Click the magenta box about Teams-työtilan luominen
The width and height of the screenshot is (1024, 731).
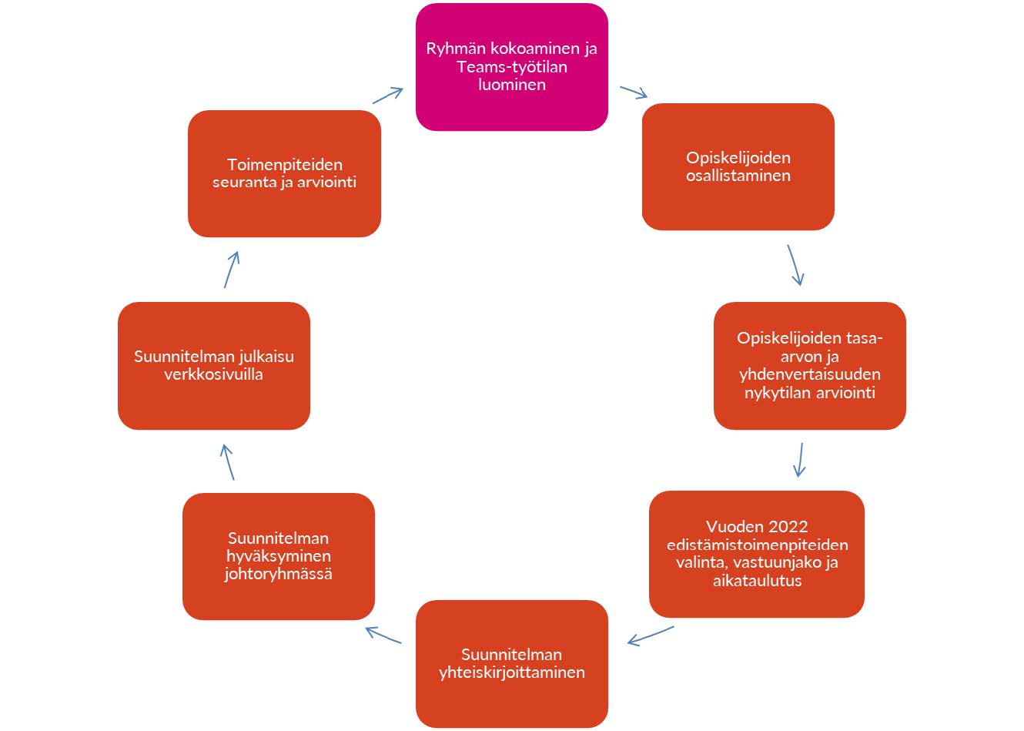pos(511,67)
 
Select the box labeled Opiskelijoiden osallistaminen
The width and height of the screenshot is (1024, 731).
pos(738,166)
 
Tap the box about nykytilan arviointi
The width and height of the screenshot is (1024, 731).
pos(809,365)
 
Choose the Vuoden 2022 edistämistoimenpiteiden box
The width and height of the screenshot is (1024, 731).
pos(756,554)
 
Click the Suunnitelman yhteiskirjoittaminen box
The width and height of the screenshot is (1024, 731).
pos(511,663)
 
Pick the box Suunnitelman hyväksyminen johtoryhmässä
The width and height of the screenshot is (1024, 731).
pos(278,556)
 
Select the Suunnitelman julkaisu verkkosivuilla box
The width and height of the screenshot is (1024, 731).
pos(213,365)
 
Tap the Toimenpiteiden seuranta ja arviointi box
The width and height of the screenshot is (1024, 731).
pos(284,173)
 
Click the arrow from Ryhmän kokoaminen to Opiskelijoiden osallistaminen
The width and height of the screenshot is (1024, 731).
pos(634,92)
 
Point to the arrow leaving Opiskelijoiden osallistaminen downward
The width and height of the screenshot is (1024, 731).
pos(795,265)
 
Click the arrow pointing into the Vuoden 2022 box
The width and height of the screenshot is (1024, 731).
pos(800,459)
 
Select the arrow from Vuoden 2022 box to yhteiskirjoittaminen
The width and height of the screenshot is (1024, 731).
pos(651,635)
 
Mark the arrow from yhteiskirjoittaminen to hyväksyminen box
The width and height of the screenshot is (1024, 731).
pos(383,635)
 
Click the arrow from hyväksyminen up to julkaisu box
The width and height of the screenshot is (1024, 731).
pos(227,462)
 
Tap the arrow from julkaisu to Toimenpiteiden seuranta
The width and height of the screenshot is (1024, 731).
pos(232,269)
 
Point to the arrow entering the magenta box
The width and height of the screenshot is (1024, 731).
pos(388,96)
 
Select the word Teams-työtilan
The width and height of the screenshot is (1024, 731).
pos(511,67)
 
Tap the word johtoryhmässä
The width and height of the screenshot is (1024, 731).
pos(278,574)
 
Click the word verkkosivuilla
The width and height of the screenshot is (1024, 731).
pos(213,374)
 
